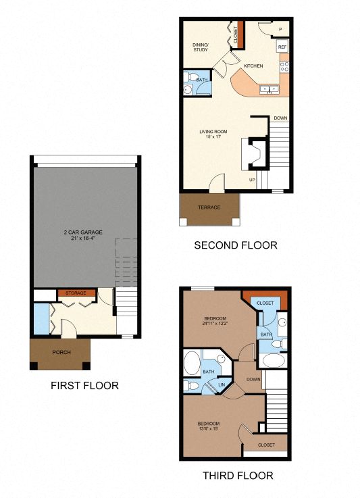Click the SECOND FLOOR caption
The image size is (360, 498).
pyautogui.click(x=235, y=245)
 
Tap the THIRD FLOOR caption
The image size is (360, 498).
pyautogui.click(x=238, y=476)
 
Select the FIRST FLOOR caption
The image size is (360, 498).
pyautogui.click(x=84, y=386)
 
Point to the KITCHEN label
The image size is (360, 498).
pyautogui.click(x=253, y=66)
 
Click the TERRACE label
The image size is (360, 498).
pyautogui.click(x=209, y=207)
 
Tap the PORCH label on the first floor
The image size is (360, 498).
pyautogui.click(x=61, y=352)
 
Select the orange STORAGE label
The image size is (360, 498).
pyautogui.click(x=76, y=293)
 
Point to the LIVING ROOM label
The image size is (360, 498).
pyautogui.click(x=213, y=131)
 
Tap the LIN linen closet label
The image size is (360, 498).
pyautogui.click(x=220, y=385)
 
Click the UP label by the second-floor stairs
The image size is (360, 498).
pyautogui.click(x=253, y=180)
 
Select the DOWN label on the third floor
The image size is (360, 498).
pyautogui.click(x=253, y=380)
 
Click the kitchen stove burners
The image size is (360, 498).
pyautogui.click(x=284, y=67)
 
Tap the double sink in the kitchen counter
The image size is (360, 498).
pyautogui.click(x=273, y=89)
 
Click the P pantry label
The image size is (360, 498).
pyautogui.click(x=280, y=29)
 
